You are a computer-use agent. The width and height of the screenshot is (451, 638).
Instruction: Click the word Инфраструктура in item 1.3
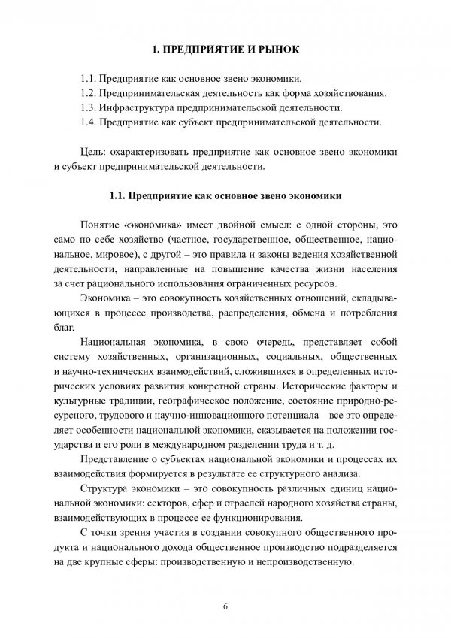[x=137, y=107]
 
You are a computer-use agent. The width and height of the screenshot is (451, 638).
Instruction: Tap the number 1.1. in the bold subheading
[x=118, y=197]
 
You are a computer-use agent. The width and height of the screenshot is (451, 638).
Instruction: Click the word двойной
[x=245, y=226]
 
